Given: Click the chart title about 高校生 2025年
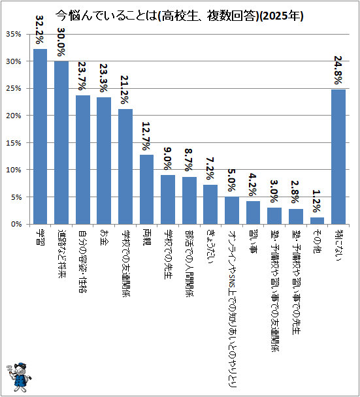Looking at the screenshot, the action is pos(180,16).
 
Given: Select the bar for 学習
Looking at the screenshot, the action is pos(41,136).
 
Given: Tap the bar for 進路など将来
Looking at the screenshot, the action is pos(61,142).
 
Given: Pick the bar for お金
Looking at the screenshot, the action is pos(104,161).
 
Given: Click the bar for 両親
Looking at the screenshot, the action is pos(147,189).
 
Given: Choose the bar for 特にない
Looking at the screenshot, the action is pos(338,157).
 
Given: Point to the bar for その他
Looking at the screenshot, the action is pos(317,221).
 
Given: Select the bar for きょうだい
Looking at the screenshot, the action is pos(210,204).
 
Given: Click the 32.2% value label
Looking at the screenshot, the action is pos(39,29).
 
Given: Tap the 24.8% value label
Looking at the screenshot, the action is pos(338,70).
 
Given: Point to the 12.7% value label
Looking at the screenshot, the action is pos(146,136).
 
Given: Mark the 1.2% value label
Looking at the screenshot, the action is pos(317,201).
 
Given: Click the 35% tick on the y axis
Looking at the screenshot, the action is pos(14,34).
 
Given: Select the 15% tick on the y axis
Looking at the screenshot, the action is pos(14,143).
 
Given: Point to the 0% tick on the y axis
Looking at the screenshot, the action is pos(16,224).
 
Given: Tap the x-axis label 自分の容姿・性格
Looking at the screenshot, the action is pos(82,261).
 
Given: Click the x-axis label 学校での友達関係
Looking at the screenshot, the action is pos(125,263).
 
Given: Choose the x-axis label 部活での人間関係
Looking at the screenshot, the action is pos(189,263).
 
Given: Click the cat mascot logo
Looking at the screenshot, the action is pos(19,377).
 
